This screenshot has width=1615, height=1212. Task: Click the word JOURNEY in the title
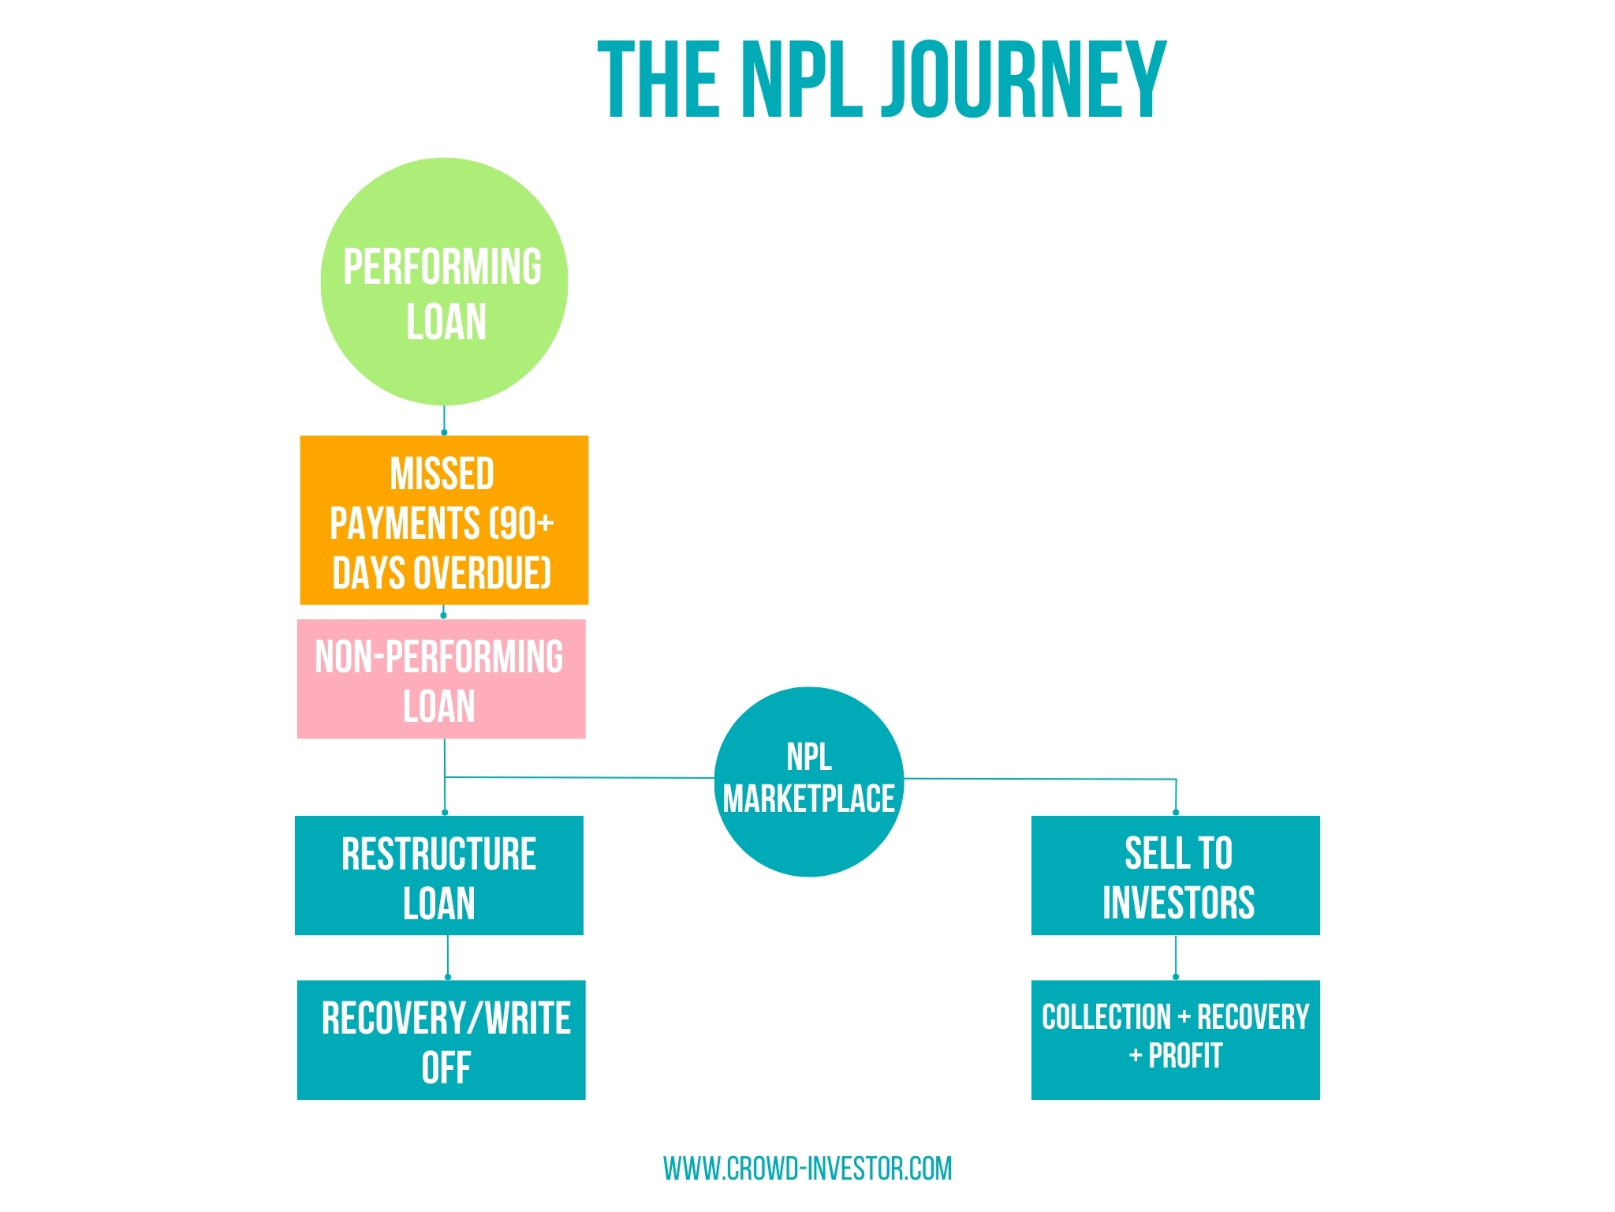(1024, 80)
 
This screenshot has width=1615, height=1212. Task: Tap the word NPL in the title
(801, 80)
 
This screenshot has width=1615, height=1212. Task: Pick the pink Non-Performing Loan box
(441, 679)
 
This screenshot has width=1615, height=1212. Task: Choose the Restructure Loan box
(438, 876)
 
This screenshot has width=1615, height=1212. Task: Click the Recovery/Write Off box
(441, 1040)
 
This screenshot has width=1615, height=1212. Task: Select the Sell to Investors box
(1175, 876)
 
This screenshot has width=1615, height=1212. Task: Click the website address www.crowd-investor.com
(807, 1169)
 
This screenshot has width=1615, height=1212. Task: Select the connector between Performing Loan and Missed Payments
(444, 420)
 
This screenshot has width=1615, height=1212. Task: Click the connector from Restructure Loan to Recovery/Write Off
(448, 957)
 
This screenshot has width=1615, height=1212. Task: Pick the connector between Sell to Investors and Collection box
(1176, 957)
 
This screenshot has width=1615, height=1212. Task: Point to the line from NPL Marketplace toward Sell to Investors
(1041, 779)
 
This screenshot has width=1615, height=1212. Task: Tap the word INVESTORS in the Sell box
(1178, 903)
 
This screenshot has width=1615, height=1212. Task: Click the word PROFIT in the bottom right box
(1184, 1056)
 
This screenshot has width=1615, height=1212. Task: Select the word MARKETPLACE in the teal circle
(808, 799)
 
